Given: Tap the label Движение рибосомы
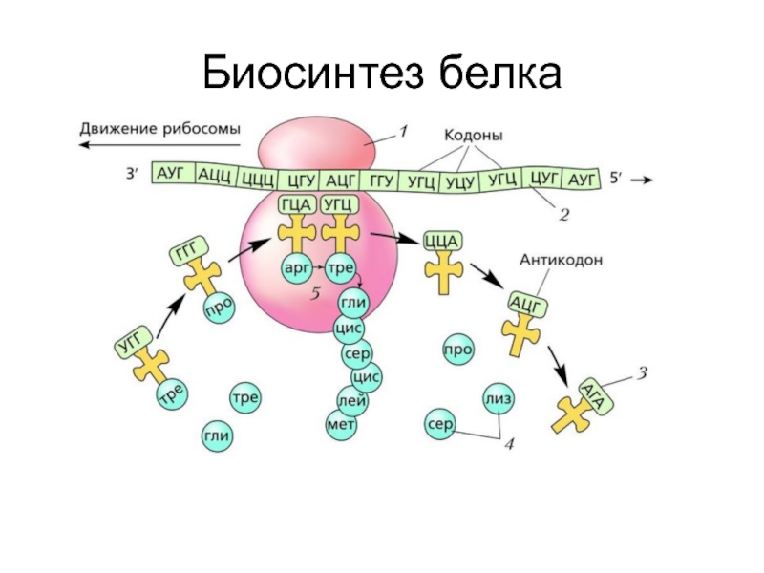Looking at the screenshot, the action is [159, 128].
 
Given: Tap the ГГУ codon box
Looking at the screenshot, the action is [382, 180].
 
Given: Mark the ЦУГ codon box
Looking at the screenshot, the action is [542, 178].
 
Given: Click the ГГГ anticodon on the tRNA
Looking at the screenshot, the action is [184, 254].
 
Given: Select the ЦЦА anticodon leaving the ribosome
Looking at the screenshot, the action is [443, 239].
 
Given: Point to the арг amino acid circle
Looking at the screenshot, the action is [296, 270].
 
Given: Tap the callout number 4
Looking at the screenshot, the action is [510, 444].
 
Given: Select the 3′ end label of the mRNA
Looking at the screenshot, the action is [132, 175].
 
